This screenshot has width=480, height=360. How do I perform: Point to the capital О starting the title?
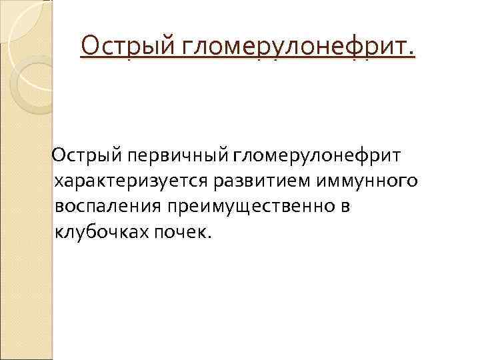[89, 46]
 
